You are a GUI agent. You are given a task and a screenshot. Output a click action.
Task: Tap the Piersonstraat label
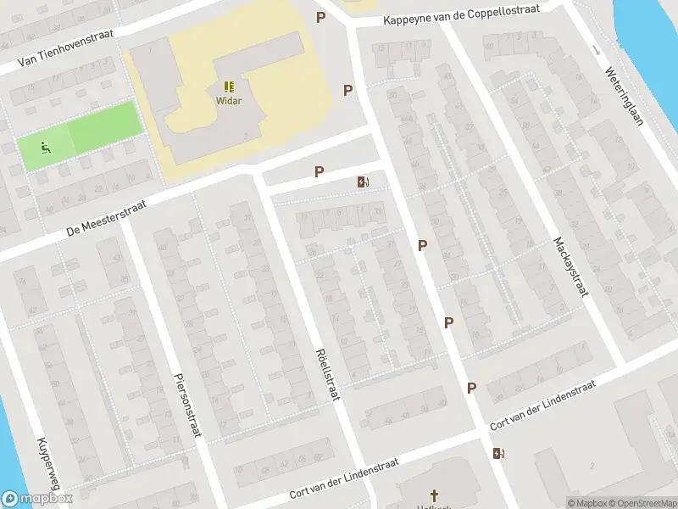click(x=186, y=405)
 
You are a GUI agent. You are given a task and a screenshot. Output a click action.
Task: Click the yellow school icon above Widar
click(x=229, y=87)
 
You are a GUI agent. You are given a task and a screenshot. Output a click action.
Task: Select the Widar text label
click(x=229, y=101)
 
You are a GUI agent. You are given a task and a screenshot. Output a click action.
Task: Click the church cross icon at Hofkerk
click(x=435, y=495)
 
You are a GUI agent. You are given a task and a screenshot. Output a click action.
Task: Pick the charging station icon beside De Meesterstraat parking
click(x=364, y=182)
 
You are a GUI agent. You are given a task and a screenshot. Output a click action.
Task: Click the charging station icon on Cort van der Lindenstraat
click(x=497, y=453)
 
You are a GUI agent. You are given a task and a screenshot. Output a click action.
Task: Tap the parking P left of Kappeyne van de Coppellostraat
click(x=320, y=17)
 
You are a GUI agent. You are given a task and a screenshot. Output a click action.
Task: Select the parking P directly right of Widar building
click(x=347, y=90)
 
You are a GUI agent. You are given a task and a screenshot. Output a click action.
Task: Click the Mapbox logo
click(x=37, y=499)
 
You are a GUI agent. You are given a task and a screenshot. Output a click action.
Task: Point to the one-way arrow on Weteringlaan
click(x=596, y=48)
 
